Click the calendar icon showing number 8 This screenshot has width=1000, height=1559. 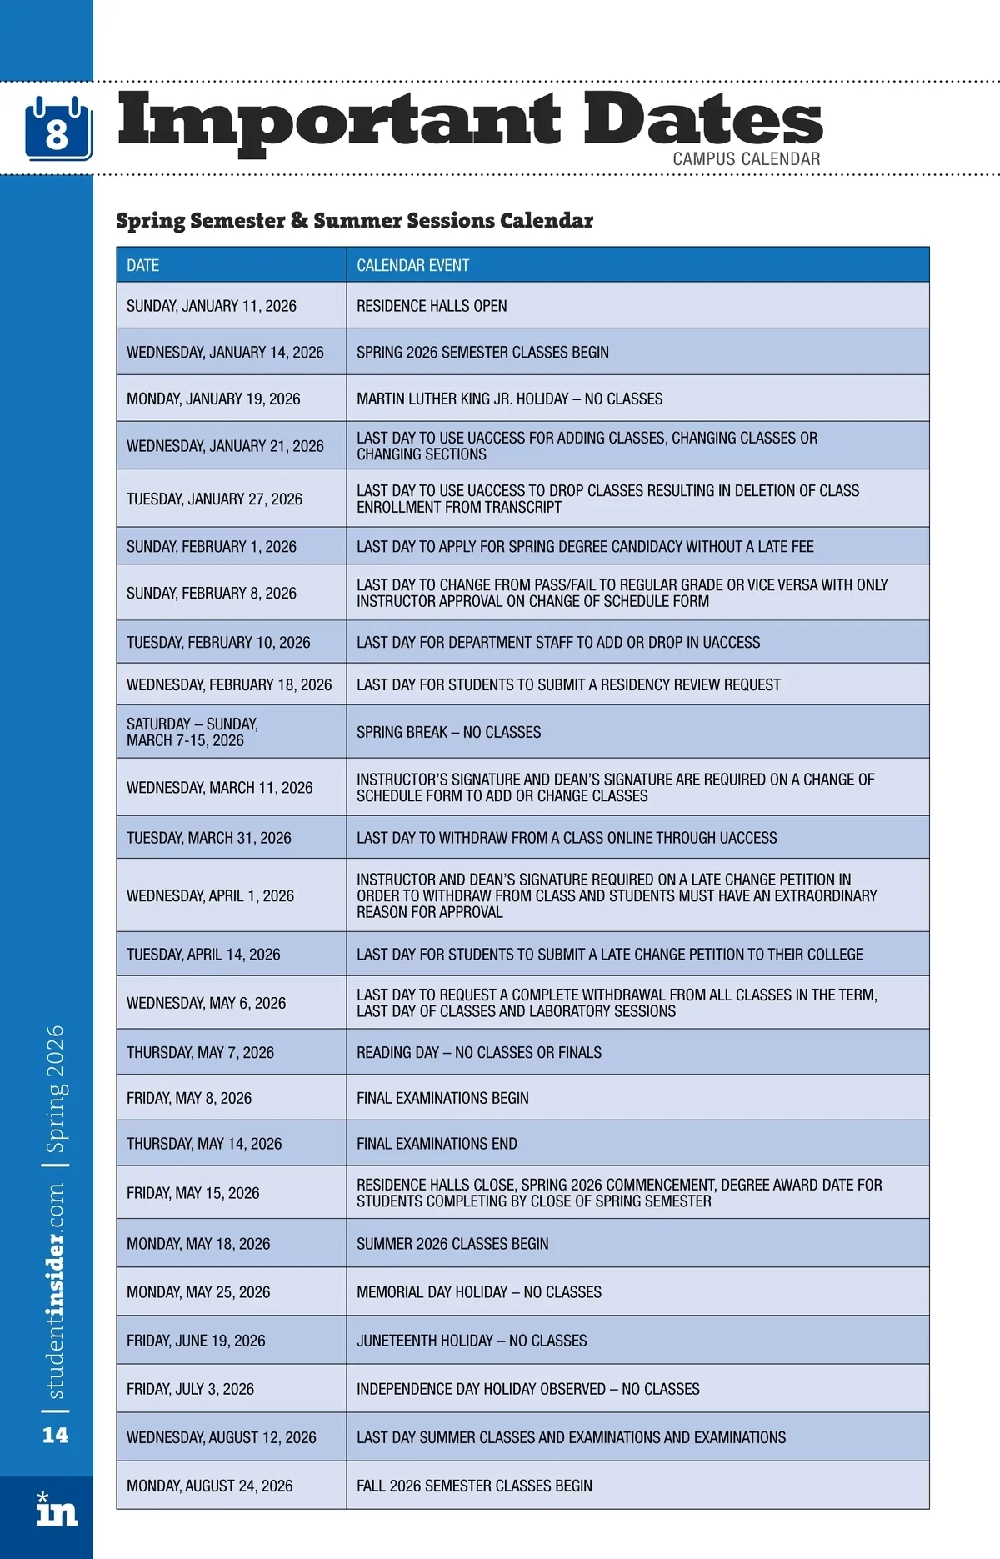coord(57,129)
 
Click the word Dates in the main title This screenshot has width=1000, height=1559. coord(702,119)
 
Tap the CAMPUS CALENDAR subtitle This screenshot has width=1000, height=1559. coord(746,158)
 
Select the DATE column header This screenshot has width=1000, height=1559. coord(143,265)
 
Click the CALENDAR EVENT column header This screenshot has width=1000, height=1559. coord(412,265)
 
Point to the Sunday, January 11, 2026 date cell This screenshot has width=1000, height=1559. coord(212,306)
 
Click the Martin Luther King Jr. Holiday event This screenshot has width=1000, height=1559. coord(509,399)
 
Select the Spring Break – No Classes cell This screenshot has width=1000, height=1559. coord(448,732)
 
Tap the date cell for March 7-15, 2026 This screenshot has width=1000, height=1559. coord(192,732)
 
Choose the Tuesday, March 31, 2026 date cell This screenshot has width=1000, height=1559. coord(209,838)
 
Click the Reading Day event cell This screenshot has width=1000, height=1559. coord(478,1052)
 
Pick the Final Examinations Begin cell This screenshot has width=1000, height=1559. coord(442,1098)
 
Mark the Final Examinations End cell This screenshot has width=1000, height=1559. coord(437,1144)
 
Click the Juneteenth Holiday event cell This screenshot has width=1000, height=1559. coord(472,1341)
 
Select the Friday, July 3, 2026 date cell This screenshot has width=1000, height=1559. coord(190,1389)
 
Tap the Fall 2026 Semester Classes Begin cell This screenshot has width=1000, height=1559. coord(474,1486)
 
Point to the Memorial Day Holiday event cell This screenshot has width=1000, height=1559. coord(478,1292)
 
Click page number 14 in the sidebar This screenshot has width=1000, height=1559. coord(55,1435)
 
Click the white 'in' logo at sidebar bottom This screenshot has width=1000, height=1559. coord(57,1511)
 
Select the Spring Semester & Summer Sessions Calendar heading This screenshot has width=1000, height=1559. coord(354,221)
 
